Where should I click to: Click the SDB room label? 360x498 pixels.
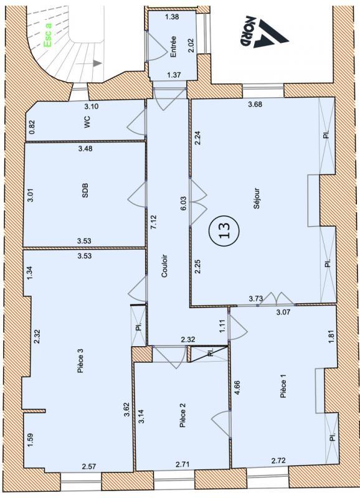[x=85, y=193]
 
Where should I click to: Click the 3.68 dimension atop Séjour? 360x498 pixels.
[x=255, y=104]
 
